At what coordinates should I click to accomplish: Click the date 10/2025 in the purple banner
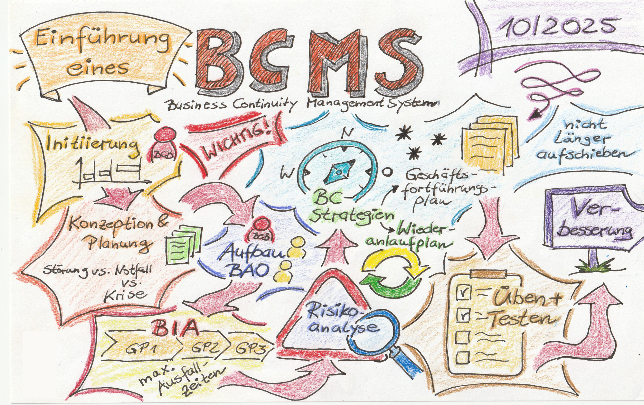point(557,25)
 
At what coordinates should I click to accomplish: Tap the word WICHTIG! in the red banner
point(237,143)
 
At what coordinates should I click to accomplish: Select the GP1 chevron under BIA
point(142,349)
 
